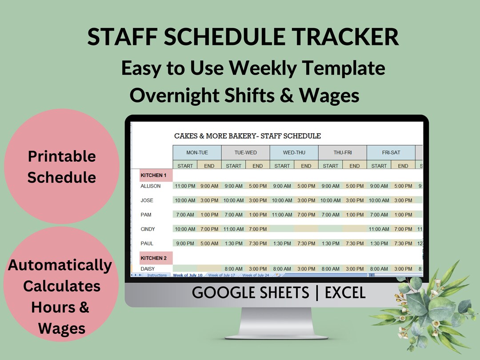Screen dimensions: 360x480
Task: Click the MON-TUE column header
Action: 197,152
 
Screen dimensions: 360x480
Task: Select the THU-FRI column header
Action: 342,152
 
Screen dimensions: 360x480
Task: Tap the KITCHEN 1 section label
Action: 153,176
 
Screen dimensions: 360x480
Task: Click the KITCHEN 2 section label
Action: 153,258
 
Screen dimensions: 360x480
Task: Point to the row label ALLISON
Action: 151,186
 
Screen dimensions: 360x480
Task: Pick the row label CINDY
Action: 148,229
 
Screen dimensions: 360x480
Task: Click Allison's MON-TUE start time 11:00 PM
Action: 185,186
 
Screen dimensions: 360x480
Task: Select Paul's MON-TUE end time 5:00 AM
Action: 209,244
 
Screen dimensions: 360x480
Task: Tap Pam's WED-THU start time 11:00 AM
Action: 282,215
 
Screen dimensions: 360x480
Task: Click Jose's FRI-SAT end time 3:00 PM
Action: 403,200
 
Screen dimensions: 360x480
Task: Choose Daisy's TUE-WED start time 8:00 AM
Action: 233,269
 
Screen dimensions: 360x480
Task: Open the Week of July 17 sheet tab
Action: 222,276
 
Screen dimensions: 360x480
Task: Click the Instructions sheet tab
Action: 157,276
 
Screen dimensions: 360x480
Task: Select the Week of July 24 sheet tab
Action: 256,276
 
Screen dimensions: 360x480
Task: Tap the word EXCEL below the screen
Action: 345,293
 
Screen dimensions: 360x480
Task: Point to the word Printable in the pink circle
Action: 62,156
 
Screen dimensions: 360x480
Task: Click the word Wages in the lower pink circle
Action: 62,328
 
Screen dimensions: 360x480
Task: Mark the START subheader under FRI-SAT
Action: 379,166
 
